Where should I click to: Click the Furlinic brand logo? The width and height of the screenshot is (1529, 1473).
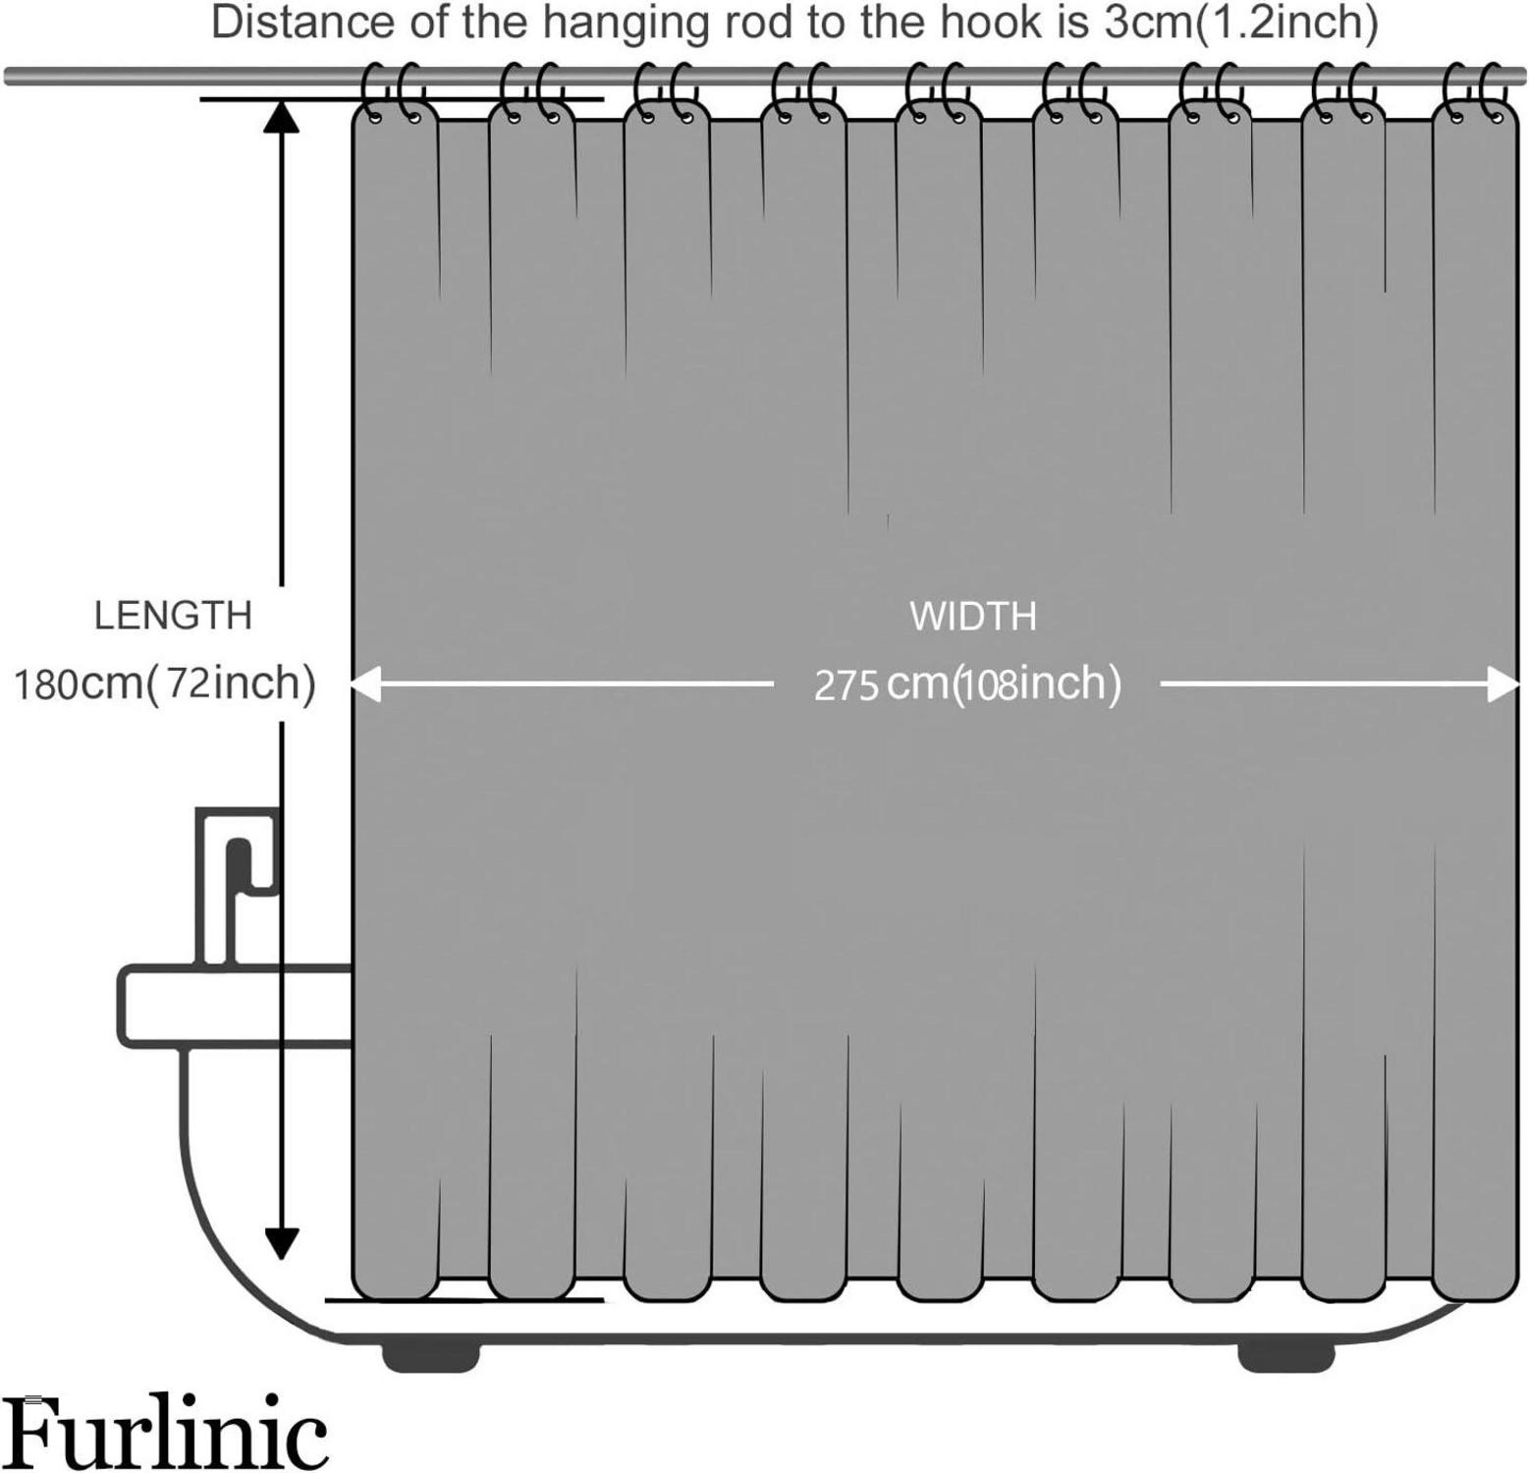click(164, 1435)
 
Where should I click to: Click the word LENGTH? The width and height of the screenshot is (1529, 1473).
click(173, 616)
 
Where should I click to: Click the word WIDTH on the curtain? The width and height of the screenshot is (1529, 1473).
click(972, 617)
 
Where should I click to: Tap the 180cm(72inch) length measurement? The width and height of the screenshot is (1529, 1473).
click(164, 682)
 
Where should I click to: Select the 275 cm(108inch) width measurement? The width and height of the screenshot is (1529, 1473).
click(967, 684)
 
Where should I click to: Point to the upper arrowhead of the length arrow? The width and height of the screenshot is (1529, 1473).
click(282, 116)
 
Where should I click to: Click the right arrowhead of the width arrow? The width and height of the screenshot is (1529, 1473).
click(1502, 684)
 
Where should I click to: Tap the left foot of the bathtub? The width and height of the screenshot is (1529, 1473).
click(430, 1356)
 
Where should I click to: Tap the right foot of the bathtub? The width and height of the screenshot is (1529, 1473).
click(1285, 1356)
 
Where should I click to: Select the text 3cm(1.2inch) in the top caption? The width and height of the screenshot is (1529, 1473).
click(1240, 24)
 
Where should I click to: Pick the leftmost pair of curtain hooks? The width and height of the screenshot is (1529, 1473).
click(393, 90)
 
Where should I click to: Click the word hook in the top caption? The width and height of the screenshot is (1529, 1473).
click(990, 24)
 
